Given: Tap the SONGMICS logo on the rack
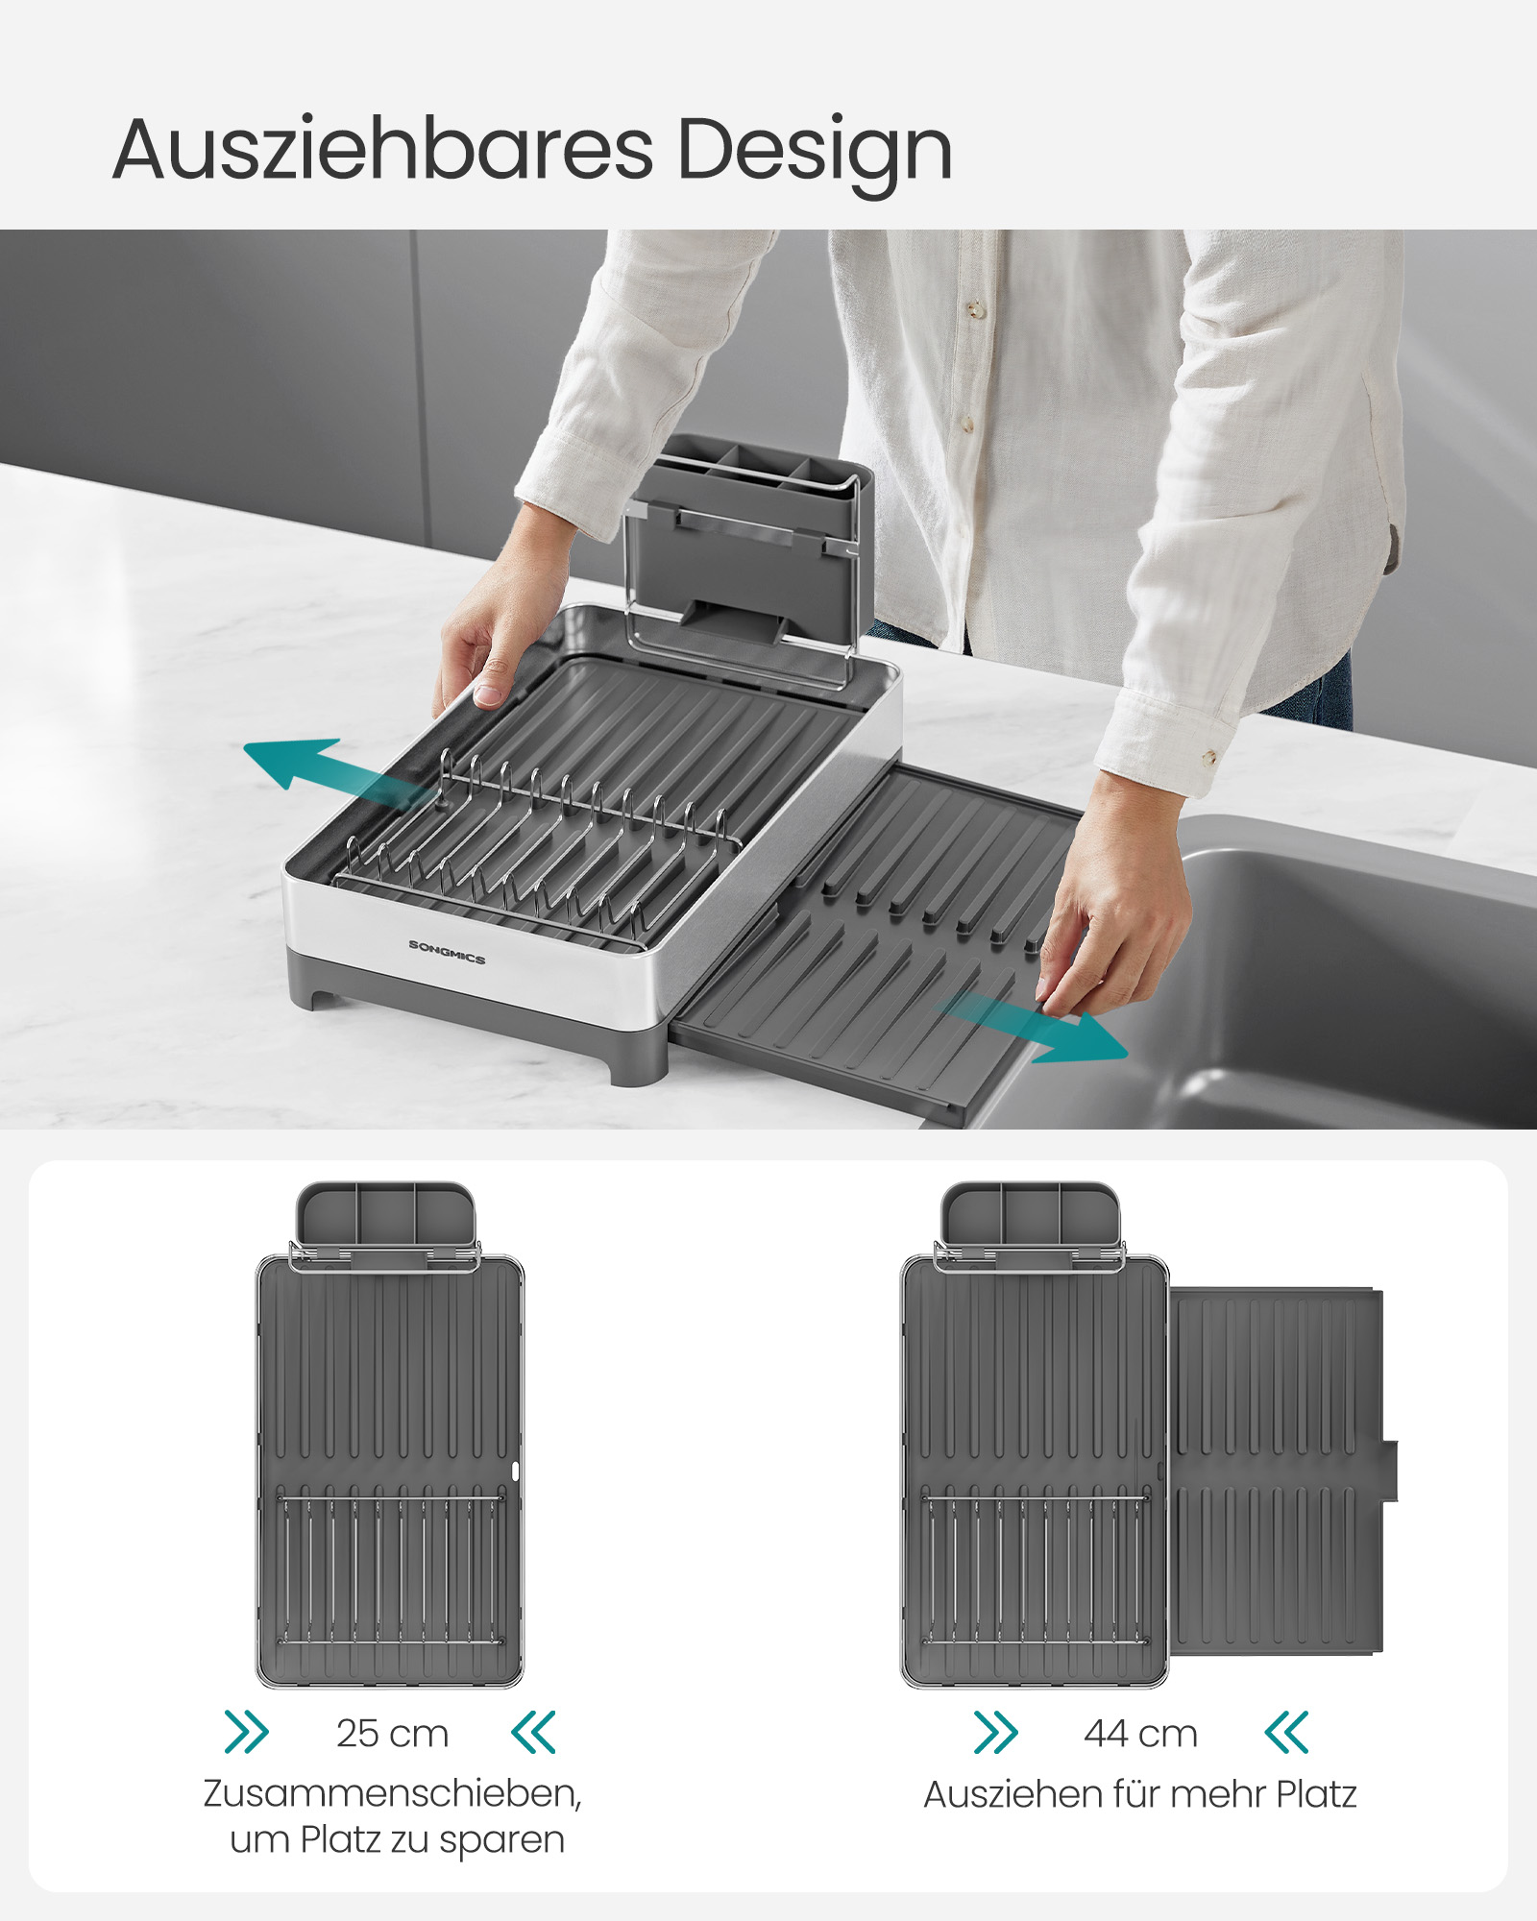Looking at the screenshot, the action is pos(447,952).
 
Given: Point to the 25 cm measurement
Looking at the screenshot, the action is pos(392,1734).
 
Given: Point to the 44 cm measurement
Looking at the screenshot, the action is pos(1140,1734).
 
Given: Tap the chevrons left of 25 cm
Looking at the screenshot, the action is pos(247,1732).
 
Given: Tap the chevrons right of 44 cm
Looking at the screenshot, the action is pos(1286,1732).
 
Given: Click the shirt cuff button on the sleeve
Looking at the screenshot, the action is pos(1208,758).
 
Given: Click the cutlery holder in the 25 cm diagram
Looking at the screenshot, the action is pos(385,1215).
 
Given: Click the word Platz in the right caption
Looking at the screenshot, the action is pos(1316,1794).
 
